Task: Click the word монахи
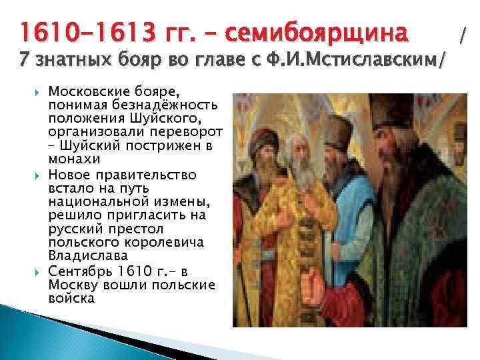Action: click(74, 161)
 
